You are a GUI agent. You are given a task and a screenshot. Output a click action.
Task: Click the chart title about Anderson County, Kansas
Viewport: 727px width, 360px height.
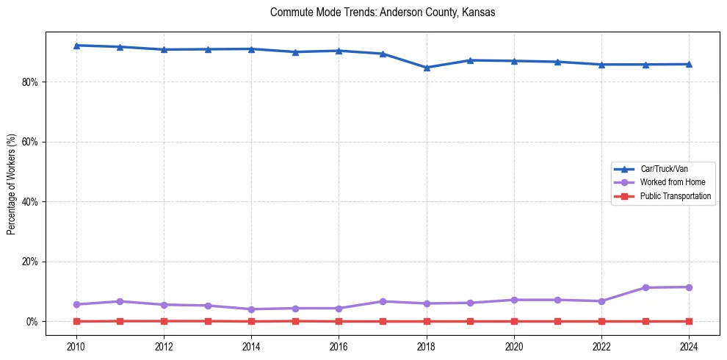click(x=383, y=12)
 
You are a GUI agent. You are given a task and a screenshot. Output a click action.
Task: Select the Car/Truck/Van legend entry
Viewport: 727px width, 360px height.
click(x=664, y=169)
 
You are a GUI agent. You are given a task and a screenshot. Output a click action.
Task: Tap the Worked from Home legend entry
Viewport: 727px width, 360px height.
click(x=672, y=182)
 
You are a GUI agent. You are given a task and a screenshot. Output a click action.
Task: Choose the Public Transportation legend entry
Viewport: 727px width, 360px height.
click(x=675, y=196)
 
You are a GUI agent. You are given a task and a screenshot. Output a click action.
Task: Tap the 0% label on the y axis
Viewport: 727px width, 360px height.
click(x=32, y=322)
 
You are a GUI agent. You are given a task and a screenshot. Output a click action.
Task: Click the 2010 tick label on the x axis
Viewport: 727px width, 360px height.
click(x=76, y=346)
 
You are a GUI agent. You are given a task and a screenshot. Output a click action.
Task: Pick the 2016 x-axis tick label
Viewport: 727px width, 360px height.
click(x=339, y=346)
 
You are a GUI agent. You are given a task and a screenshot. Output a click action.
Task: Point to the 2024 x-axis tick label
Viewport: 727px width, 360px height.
click(x=689, y=346)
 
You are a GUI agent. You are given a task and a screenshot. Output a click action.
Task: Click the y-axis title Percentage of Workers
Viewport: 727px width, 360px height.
click(x=12, y=184)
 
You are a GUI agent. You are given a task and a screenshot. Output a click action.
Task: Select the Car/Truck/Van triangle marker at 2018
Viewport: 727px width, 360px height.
click(x=427, y=68)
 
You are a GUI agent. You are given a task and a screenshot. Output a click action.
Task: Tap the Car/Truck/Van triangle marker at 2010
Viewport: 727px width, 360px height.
click(x=76, y=46)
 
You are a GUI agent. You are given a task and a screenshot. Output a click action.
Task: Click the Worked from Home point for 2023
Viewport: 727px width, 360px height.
click(x=645, y=287)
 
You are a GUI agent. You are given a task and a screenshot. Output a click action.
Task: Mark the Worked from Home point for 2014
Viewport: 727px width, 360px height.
click(x=251, y=309)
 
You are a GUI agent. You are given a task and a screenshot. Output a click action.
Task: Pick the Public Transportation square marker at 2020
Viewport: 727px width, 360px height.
click(x=514, y=321)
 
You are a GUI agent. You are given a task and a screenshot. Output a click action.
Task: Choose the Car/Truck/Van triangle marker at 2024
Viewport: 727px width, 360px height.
click(x=689, y=64)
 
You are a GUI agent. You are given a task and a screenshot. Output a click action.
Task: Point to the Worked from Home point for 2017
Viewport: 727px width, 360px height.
click(x=383, y=301)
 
